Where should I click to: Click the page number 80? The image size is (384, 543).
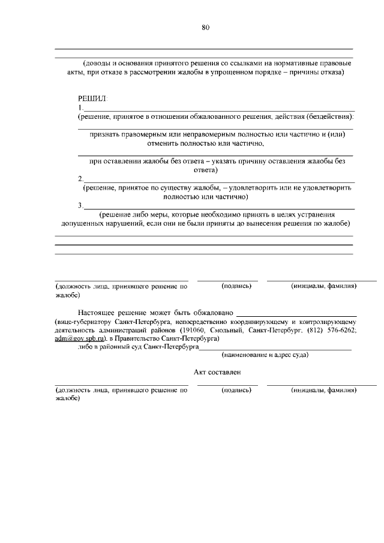(206, 27)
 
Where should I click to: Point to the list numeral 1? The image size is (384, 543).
(80, 107)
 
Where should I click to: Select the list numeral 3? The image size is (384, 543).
(80, 206)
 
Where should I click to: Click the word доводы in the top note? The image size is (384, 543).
(98, 63)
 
